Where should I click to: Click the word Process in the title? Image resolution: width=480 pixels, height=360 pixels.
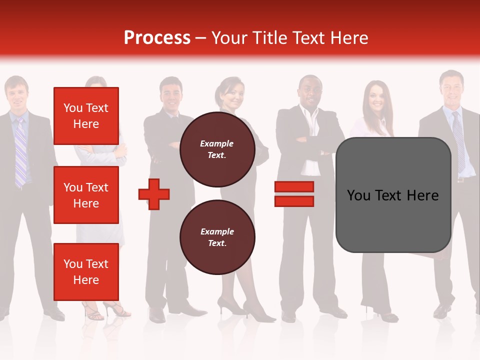tap(157, 38)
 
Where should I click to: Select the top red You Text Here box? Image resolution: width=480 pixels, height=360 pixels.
tap(86, 116)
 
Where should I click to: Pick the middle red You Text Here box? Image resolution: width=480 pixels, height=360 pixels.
tap(86, 195)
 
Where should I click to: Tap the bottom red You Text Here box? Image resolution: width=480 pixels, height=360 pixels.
tap(86, 271)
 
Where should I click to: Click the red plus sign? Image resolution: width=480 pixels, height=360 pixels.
tap(154, 194)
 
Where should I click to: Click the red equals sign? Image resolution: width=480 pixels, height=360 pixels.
tap(294, 194)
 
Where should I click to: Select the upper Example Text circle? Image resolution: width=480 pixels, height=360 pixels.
tap(217, 149)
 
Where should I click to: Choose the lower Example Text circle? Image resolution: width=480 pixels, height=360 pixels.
tap(217, 237)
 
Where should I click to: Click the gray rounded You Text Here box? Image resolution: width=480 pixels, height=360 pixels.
tap(393, 195)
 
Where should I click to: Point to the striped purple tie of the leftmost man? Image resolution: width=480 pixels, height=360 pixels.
tap(20, 150)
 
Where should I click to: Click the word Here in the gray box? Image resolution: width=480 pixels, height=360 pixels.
tap(422, 195)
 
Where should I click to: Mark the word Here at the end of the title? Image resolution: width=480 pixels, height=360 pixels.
tap(349, 38)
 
